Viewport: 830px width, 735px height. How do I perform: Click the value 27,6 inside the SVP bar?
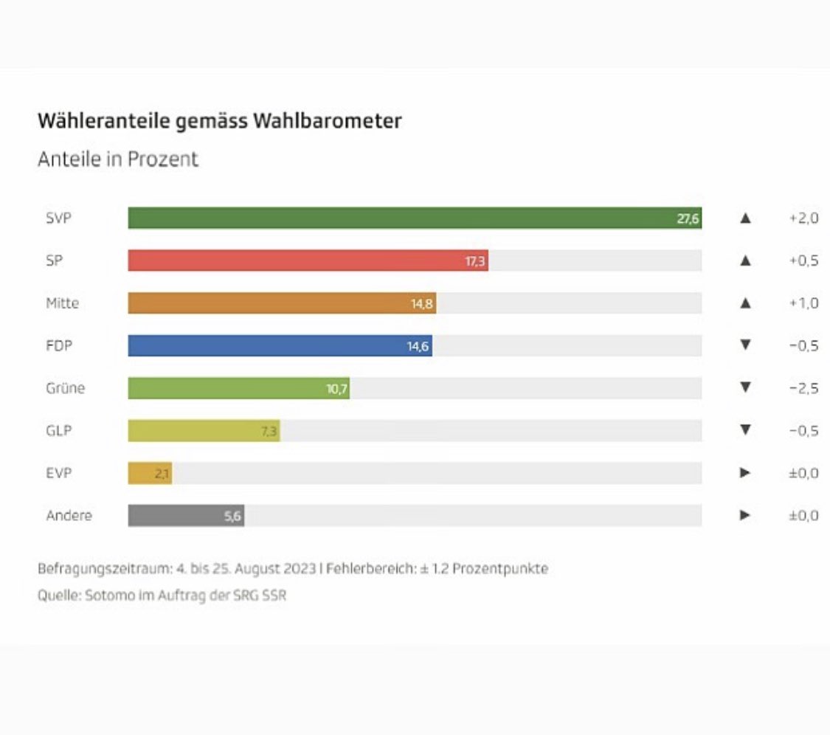pos(688,219)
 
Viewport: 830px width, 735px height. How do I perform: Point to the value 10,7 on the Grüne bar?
pos(337,389)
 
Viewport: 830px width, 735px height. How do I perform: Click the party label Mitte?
pos(62,303)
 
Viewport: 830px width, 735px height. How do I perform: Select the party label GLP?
pos(59,431)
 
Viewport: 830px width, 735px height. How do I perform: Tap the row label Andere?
pos(69,516)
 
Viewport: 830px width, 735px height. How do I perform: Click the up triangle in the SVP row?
pos(745,219)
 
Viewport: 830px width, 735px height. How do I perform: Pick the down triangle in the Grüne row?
pos(745,388)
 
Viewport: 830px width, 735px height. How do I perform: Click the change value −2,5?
pos(803,389)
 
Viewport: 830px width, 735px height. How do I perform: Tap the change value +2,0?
pos(803,219)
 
